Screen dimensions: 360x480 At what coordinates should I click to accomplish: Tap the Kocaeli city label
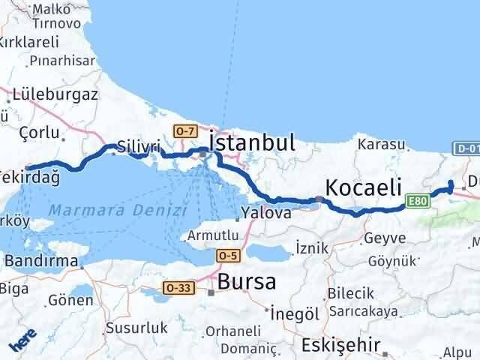pos(363,187)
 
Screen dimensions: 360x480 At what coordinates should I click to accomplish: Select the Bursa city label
pos(247,282)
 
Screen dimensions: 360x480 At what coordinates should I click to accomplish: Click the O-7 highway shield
pos(184,130)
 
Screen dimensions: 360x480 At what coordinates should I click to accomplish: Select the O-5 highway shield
pos(229,256)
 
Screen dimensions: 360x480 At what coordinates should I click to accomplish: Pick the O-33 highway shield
pos(178,286)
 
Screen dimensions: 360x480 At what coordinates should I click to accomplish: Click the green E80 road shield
pos(419,201)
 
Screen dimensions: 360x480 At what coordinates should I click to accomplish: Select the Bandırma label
pos(42,261)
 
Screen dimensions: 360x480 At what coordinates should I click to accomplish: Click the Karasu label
pos(382,144)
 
